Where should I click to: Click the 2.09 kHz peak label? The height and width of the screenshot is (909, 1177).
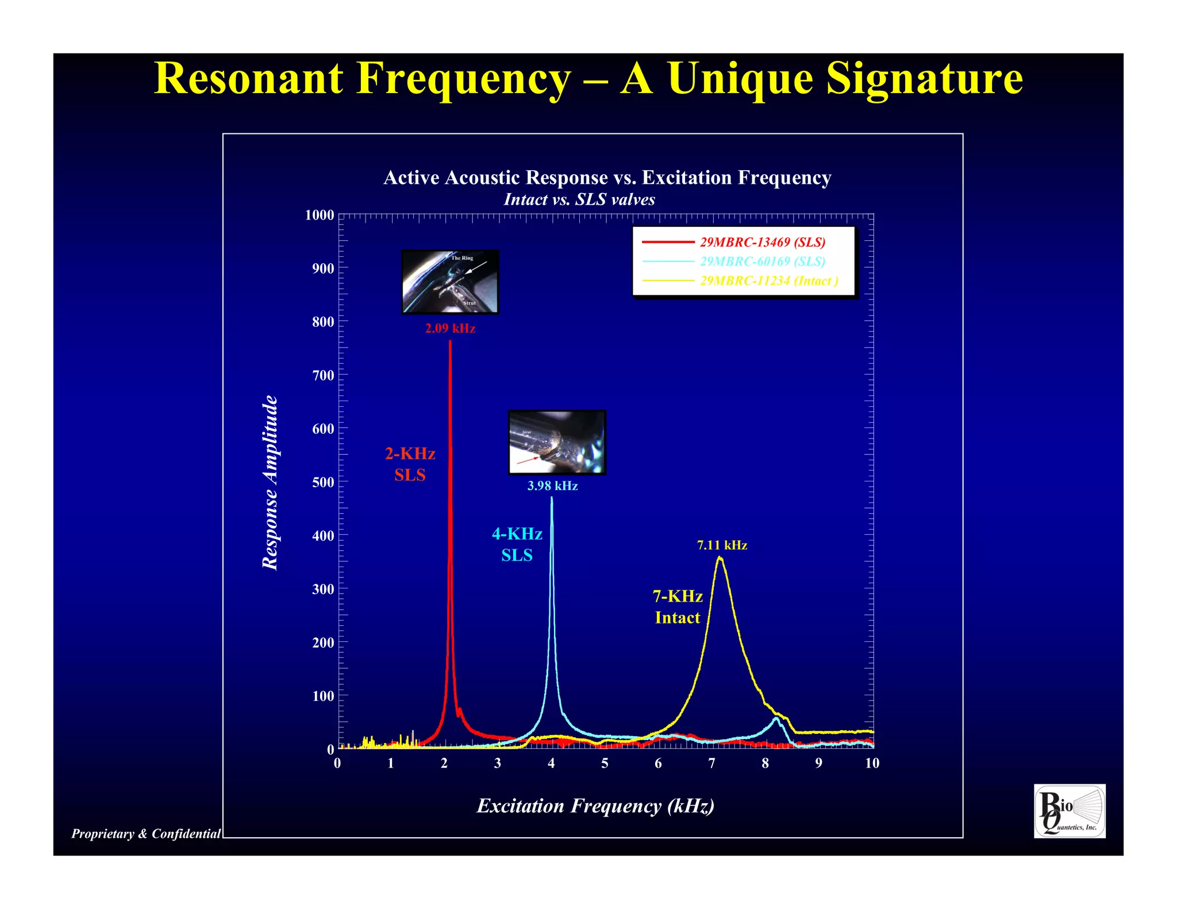450,329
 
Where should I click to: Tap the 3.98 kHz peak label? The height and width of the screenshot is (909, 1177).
552,486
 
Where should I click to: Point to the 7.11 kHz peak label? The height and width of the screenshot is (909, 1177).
722,545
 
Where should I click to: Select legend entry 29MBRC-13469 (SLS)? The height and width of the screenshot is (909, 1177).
762,242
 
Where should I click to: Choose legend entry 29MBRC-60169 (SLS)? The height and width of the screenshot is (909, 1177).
762,261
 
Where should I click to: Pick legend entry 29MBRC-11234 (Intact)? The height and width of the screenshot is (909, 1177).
768,281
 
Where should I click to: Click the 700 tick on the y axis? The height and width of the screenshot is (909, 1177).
323,376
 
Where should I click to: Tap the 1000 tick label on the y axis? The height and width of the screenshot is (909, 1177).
319,215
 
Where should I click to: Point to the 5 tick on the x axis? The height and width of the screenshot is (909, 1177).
605,763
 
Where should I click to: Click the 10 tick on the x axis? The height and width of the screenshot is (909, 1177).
872,763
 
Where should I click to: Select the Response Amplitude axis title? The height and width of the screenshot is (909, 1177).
270,483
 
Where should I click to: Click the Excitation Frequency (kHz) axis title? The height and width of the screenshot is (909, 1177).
595,806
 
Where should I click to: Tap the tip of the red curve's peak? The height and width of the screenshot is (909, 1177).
450,342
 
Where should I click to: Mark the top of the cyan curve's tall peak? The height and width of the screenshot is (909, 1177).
552,498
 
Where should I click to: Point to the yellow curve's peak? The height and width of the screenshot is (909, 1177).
720,557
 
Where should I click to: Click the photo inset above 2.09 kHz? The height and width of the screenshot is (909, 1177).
450,282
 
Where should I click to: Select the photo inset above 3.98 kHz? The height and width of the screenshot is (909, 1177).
557,442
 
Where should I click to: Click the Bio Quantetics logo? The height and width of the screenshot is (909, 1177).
1069,811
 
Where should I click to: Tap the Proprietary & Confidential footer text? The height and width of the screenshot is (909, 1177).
146,834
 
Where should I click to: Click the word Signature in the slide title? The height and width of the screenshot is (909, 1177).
924,79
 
